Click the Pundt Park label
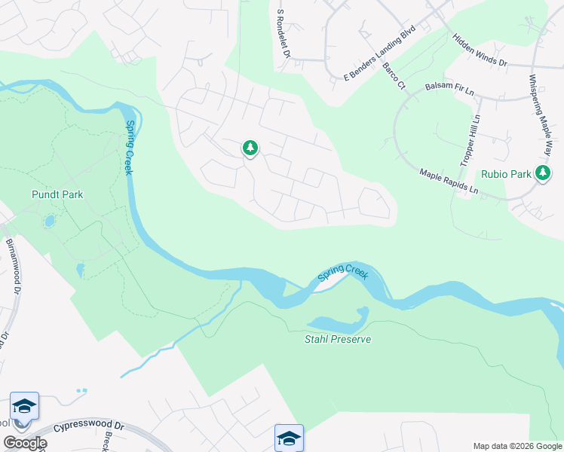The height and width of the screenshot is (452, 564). (x=57, y=194)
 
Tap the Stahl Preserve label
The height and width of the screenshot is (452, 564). (x=339, y=339)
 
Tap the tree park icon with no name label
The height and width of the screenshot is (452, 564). (x=250, y=148)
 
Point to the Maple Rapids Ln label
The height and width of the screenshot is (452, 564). (x=449, y=182)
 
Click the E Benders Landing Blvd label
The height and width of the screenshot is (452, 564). (x=380, y=56)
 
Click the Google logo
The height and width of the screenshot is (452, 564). (x=25, y=443)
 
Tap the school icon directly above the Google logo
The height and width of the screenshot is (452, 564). (x=25, y=407)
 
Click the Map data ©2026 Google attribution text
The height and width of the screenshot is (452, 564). (x=516, y=446)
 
